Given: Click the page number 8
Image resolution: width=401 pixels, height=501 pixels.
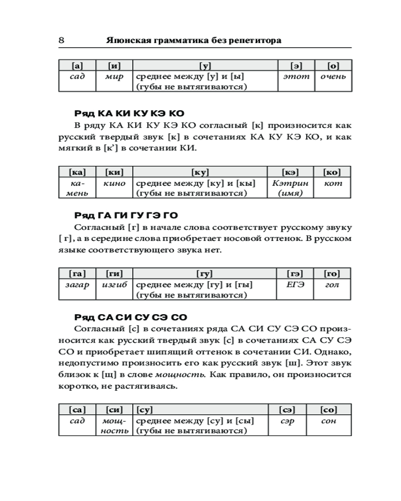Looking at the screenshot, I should click(61, 41).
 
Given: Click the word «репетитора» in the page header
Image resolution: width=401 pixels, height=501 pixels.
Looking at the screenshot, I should click(256, 41).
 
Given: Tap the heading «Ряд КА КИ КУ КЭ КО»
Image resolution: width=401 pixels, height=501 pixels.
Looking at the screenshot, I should click(129, 114).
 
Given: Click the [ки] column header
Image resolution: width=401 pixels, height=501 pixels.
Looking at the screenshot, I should click(114, 172).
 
